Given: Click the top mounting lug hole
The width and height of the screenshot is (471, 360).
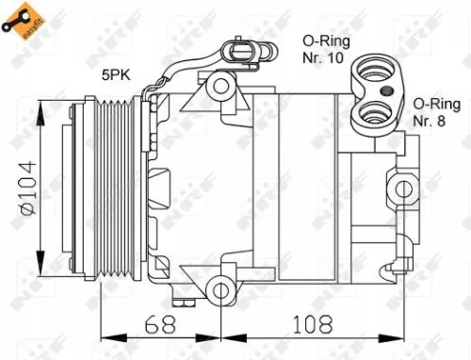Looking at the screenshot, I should [x=221, y=86].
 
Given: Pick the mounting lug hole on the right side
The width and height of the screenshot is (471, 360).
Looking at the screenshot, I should [x=406, y=188].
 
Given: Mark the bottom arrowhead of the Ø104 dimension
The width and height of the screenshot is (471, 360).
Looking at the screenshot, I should [x=41, y=266].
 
